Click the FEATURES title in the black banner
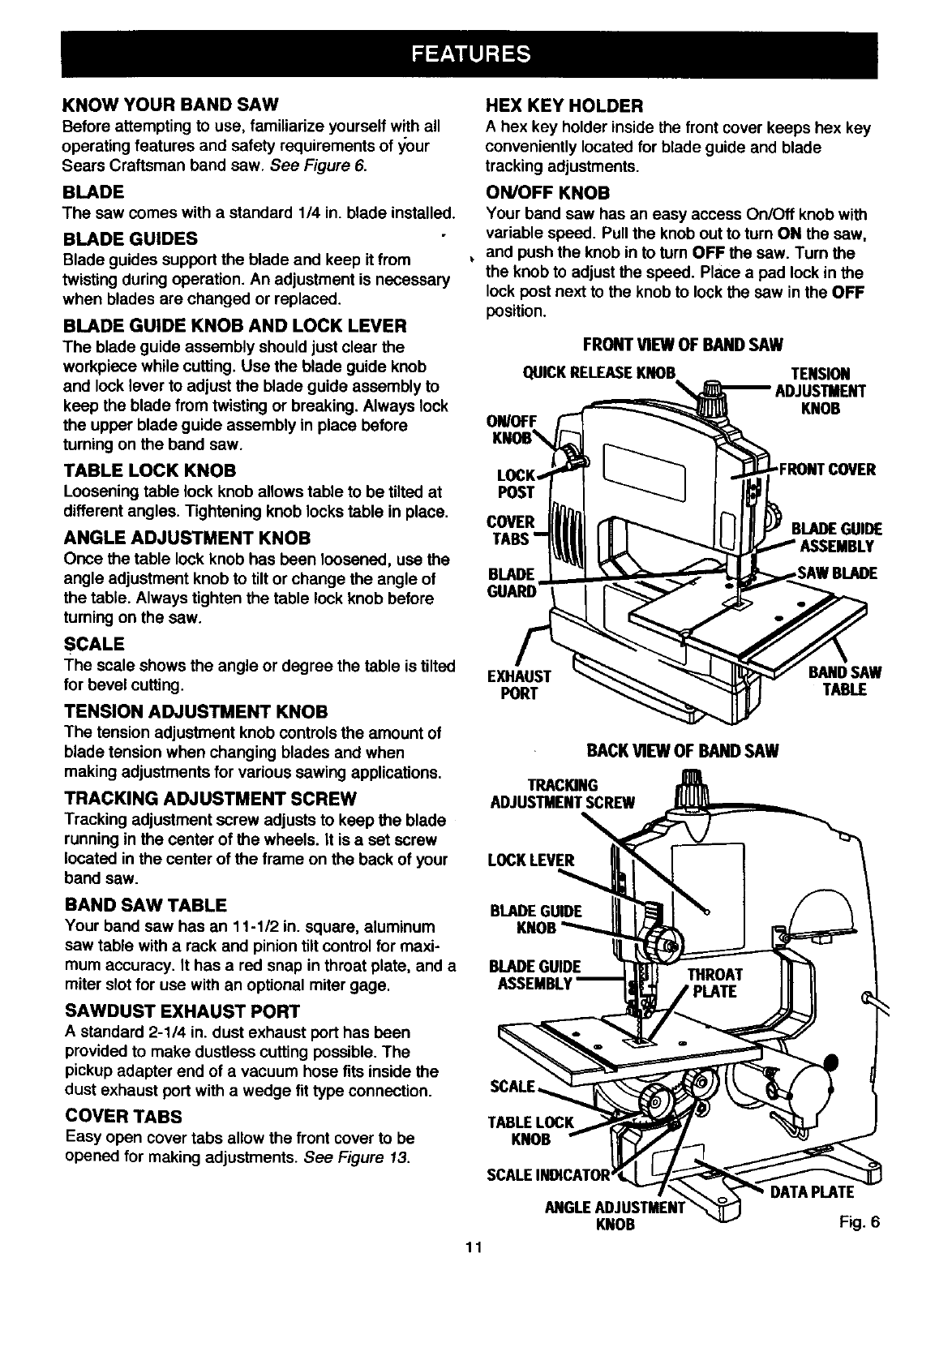coord(470,54)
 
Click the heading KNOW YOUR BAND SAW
coord(170,105)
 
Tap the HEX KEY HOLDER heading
coord(564,105)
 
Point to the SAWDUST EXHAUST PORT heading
coord(182,1011)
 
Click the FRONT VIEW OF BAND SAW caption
coord(683,345)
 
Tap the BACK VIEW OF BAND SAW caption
coord(682,750)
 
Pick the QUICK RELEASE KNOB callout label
coord(598,373)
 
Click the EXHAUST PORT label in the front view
coord(519,684)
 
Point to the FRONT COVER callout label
coord(826,470)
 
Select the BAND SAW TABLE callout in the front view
coord(844,681)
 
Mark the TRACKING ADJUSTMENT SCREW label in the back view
coord(563,794)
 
